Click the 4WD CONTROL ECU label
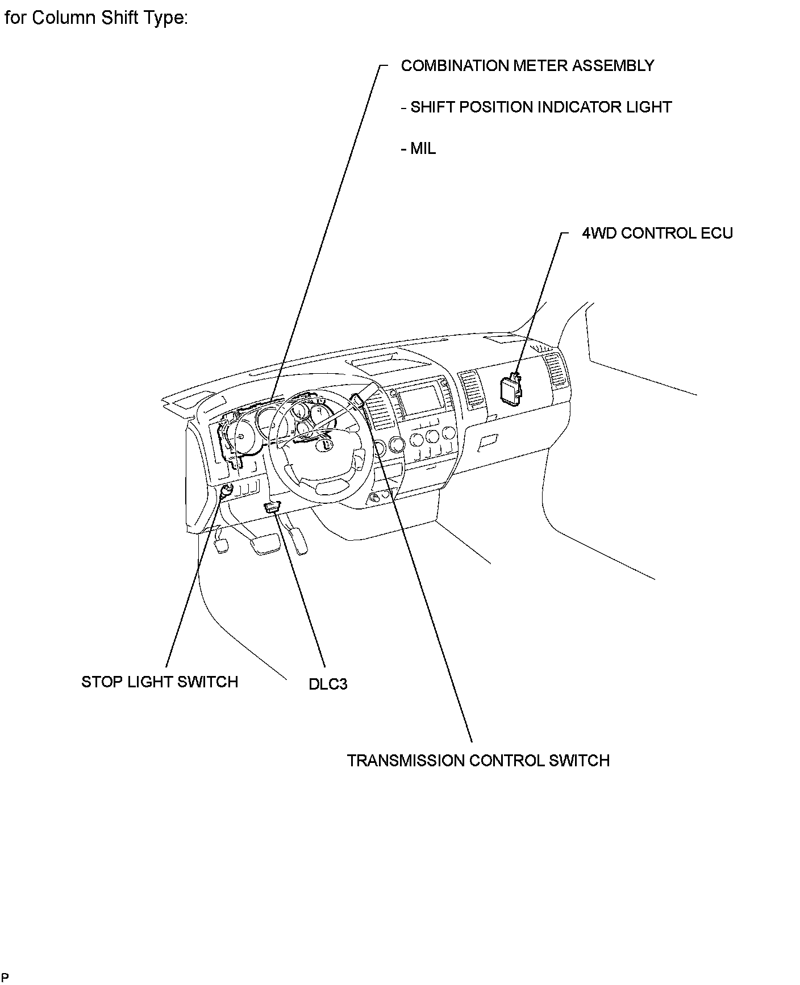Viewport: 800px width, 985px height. coord(657,233)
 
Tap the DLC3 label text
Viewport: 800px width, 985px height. coord(328,684)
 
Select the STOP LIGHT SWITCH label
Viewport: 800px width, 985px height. coord(160,682)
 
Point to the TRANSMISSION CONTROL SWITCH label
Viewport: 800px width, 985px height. coord(478,761)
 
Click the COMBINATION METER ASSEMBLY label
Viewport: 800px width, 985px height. coord(527,66)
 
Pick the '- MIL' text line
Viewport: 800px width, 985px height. coord(418,149)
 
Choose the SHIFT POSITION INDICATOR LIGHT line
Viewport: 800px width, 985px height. coord(536,107)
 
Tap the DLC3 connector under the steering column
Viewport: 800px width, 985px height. coord(273,507)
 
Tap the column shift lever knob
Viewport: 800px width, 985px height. coord(357,400)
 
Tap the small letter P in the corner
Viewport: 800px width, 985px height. coord(5,978)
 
